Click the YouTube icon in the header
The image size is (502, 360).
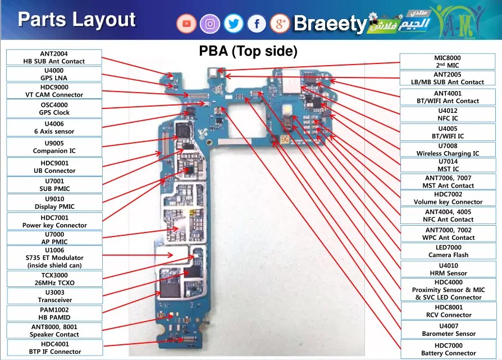[x=187, y=24]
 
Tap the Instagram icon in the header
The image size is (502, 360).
[x=210, y=24]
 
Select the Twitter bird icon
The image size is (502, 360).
[x=233, y=24]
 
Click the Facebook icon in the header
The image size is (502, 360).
[x=257, y=24]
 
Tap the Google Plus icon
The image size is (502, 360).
[x=280, y=24]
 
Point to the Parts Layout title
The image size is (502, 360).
[x=76, y=20]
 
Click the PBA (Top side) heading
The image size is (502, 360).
[x=248, y=52]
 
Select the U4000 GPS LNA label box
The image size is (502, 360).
[x=54, y=74]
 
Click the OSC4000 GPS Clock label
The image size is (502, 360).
[x=54, y=108]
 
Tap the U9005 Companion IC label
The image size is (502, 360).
[x=54, y=147]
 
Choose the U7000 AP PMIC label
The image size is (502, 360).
[x=54, y=238]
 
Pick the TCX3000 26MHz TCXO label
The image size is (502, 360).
[x=54, y=279]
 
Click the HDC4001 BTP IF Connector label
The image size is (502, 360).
[x=54, y=348]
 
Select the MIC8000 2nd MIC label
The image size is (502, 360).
[x=448, y=61]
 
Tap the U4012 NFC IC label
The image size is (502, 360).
[x=448, y=115]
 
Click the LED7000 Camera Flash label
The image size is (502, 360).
[x=448, y=251]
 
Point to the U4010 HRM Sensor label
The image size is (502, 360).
[x=448, y=269]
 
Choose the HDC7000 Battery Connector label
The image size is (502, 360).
[x=448, y=349]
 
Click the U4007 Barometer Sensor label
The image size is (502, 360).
[x=448, y=330]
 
